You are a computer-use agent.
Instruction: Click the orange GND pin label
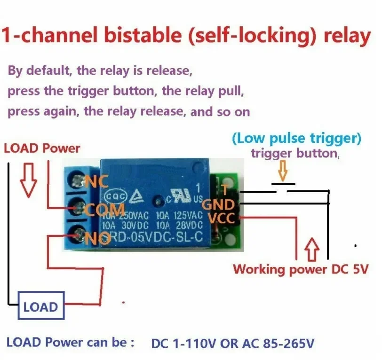pyautogui.click(x=218, y=204)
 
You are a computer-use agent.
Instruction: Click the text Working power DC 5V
pyautogui.click(x=301, y=270)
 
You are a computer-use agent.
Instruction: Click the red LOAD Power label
pyautogui.click(x=42, y=149)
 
